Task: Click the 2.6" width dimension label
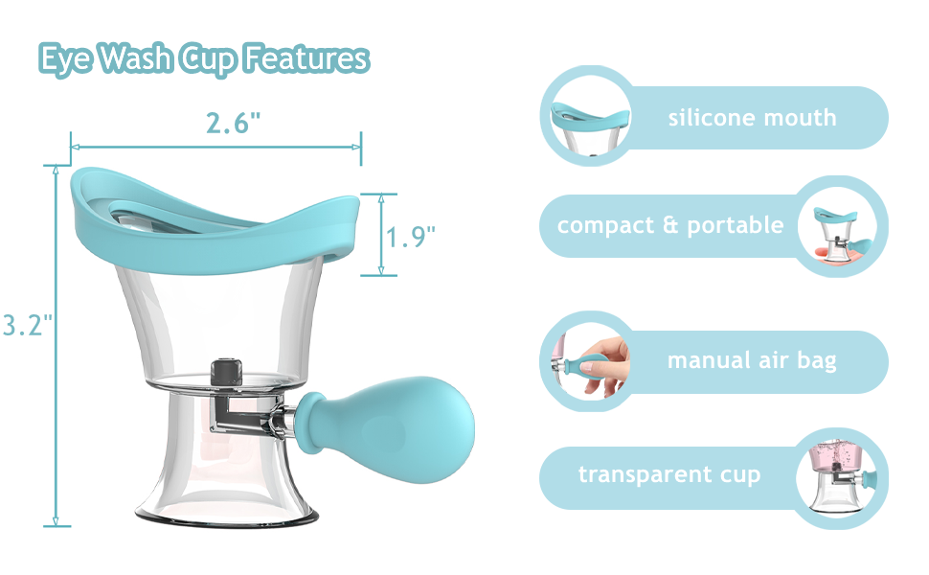[233, 124]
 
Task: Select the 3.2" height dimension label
[25, 325]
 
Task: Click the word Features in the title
[306, 58]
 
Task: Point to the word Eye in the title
[65, 59]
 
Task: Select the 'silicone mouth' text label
[752, 118]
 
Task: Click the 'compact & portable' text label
[670, 225]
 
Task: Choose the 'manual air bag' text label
[752, 360]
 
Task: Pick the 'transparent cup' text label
[669, 474]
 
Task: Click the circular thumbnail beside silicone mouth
[586, 117]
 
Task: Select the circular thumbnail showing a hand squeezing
[586, 361]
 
